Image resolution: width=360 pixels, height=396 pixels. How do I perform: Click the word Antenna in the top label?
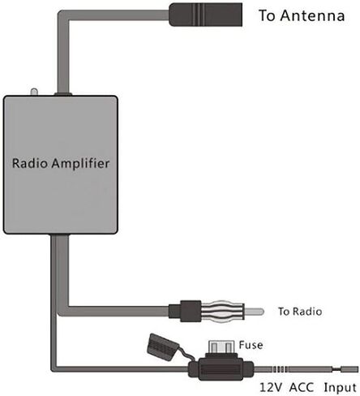[312, 15]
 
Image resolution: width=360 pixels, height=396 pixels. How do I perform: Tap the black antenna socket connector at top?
[205, 15]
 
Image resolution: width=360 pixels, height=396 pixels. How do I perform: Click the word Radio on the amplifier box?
[30, 163]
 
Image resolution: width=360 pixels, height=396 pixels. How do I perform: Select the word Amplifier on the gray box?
[80, 164]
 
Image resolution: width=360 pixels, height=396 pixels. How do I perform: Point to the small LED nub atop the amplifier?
[34, 92]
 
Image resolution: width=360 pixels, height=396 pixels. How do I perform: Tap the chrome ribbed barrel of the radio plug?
[223, 312]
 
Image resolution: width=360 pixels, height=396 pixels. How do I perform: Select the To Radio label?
[300, 312]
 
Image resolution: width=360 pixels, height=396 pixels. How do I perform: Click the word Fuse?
[251, 345]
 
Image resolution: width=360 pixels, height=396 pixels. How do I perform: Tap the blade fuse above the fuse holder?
[221, 346]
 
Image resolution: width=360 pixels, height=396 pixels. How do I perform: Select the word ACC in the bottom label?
[302, 387]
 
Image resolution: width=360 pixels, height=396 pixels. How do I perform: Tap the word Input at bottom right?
[341, 388]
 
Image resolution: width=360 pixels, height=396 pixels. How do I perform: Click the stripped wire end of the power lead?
[349, 369]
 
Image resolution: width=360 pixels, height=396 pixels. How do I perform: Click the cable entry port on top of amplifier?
[63, 94]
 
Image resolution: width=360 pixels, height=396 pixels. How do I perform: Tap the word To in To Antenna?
[267, 15]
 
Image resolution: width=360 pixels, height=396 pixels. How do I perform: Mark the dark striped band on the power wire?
[279, 369]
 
